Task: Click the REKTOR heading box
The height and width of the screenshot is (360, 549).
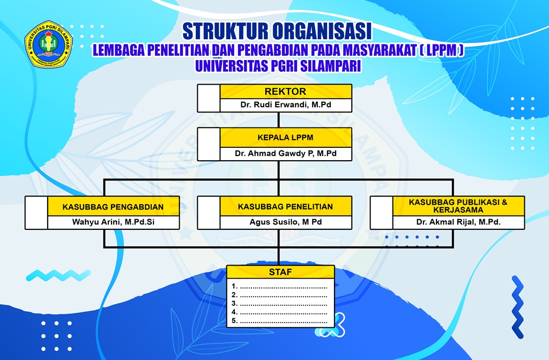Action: click(x=285, y=92)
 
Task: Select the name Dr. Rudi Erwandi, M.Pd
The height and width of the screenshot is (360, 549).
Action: click(x=285, y=105)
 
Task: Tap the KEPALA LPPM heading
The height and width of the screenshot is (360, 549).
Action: click(x=285, y=138)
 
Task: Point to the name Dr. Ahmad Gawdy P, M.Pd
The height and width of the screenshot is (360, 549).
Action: click(x=285, y=153)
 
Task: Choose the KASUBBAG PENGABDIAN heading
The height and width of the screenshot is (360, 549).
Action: click(x=113, y=206)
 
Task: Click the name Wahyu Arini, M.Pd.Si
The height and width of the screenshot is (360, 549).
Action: click(x=113, y=222)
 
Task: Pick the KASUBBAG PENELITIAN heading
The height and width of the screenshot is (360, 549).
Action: click(x=285, y=206)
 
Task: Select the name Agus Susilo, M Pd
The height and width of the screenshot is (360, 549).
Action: click(x=285, y=222)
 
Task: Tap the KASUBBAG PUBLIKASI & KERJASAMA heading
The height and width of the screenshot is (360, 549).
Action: click(x=458, y=206)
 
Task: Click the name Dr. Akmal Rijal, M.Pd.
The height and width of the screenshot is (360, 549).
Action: click(x=458, y=222)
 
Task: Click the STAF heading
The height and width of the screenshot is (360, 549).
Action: click(x=280, y=272)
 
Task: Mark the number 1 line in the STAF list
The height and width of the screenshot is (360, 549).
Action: click(x=280, y=286)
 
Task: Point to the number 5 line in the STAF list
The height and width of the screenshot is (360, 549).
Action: click(x=280, y=320)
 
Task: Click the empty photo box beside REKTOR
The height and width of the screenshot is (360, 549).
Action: click(x=209, y=98)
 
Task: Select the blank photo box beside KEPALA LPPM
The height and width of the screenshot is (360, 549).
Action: click(x=209, y=144)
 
